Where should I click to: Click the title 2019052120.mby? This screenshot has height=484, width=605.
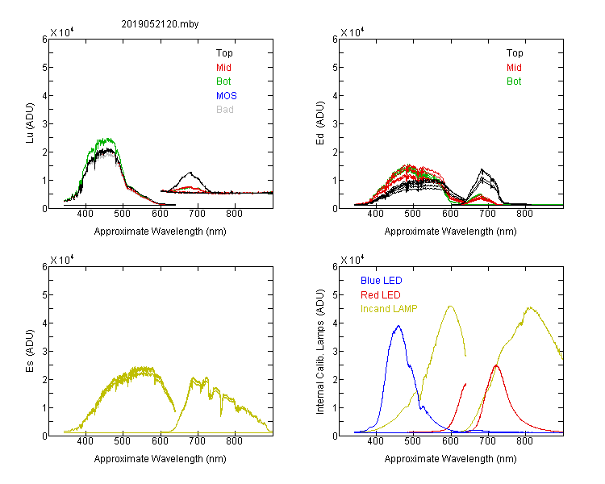tap(160, 24)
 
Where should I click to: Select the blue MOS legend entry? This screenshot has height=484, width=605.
tap(227, 96)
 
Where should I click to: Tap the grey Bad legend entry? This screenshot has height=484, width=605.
tap(225, 110)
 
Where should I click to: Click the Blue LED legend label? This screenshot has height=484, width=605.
tap(382, 281)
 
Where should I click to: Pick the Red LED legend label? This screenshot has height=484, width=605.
tap(381, 295)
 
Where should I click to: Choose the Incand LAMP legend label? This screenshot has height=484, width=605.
tap(389, 309)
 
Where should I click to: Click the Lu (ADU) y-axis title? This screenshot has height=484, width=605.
tap(30, 123)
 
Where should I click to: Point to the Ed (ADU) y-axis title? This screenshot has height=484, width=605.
tap(320, 123)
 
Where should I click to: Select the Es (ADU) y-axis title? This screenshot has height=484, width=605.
tap(30, 351)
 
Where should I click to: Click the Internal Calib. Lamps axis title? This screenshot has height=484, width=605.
tap(320, 351)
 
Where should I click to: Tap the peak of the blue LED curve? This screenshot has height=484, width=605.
tap(398, 326)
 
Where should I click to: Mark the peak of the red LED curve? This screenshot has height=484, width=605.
tap(496, 365)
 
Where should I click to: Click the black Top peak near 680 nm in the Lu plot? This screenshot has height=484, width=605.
tap(190, 173)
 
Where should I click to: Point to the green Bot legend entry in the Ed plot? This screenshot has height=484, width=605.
tap(514, 81)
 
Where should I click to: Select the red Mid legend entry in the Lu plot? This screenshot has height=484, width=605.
tap(223, 68)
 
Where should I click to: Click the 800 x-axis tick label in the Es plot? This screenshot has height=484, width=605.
tap(234, 441)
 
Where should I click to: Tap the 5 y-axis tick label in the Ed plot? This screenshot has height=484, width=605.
tap(335, 68)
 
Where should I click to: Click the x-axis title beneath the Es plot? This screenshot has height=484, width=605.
tap(161, 459)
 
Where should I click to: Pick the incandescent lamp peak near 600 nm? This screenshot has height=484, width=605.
tap(450, 306)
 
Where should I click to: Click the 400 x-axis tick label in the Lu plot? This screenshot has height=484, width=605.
tap(85, 214)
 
